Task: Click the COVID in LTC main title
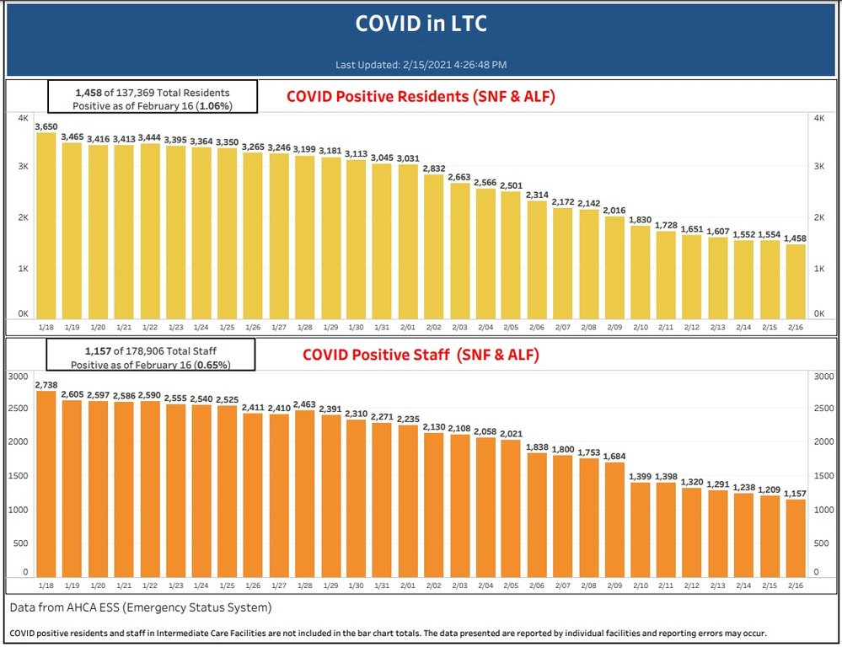point(421,24)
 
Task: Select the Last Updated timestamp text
point(421,64)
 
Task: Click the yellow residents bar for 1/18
point(46,227)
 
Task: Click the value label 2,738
point(46,384)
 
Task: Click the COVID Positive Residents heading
point(421,97)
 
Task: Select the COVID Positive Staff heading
point(421,356)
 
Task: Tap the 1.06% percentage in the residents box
point(215,106)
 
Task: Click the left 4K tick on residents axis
point(24,118)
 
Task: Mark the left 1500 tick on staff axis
point(18,476)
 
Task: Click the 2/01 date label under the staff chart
point(409,586)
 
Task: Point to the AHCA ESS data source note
point(141,607)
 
